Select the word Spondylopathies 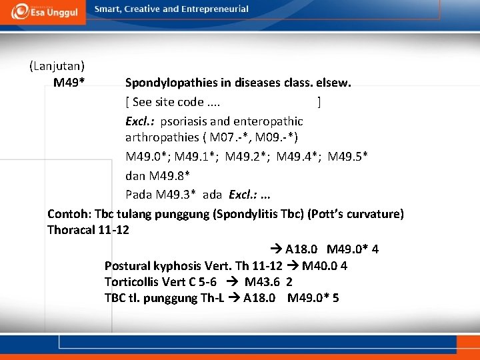[x=166, y=83]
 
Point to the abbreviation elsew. [x=335, y=83]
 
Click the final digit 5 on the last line [x=335, y=298]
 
